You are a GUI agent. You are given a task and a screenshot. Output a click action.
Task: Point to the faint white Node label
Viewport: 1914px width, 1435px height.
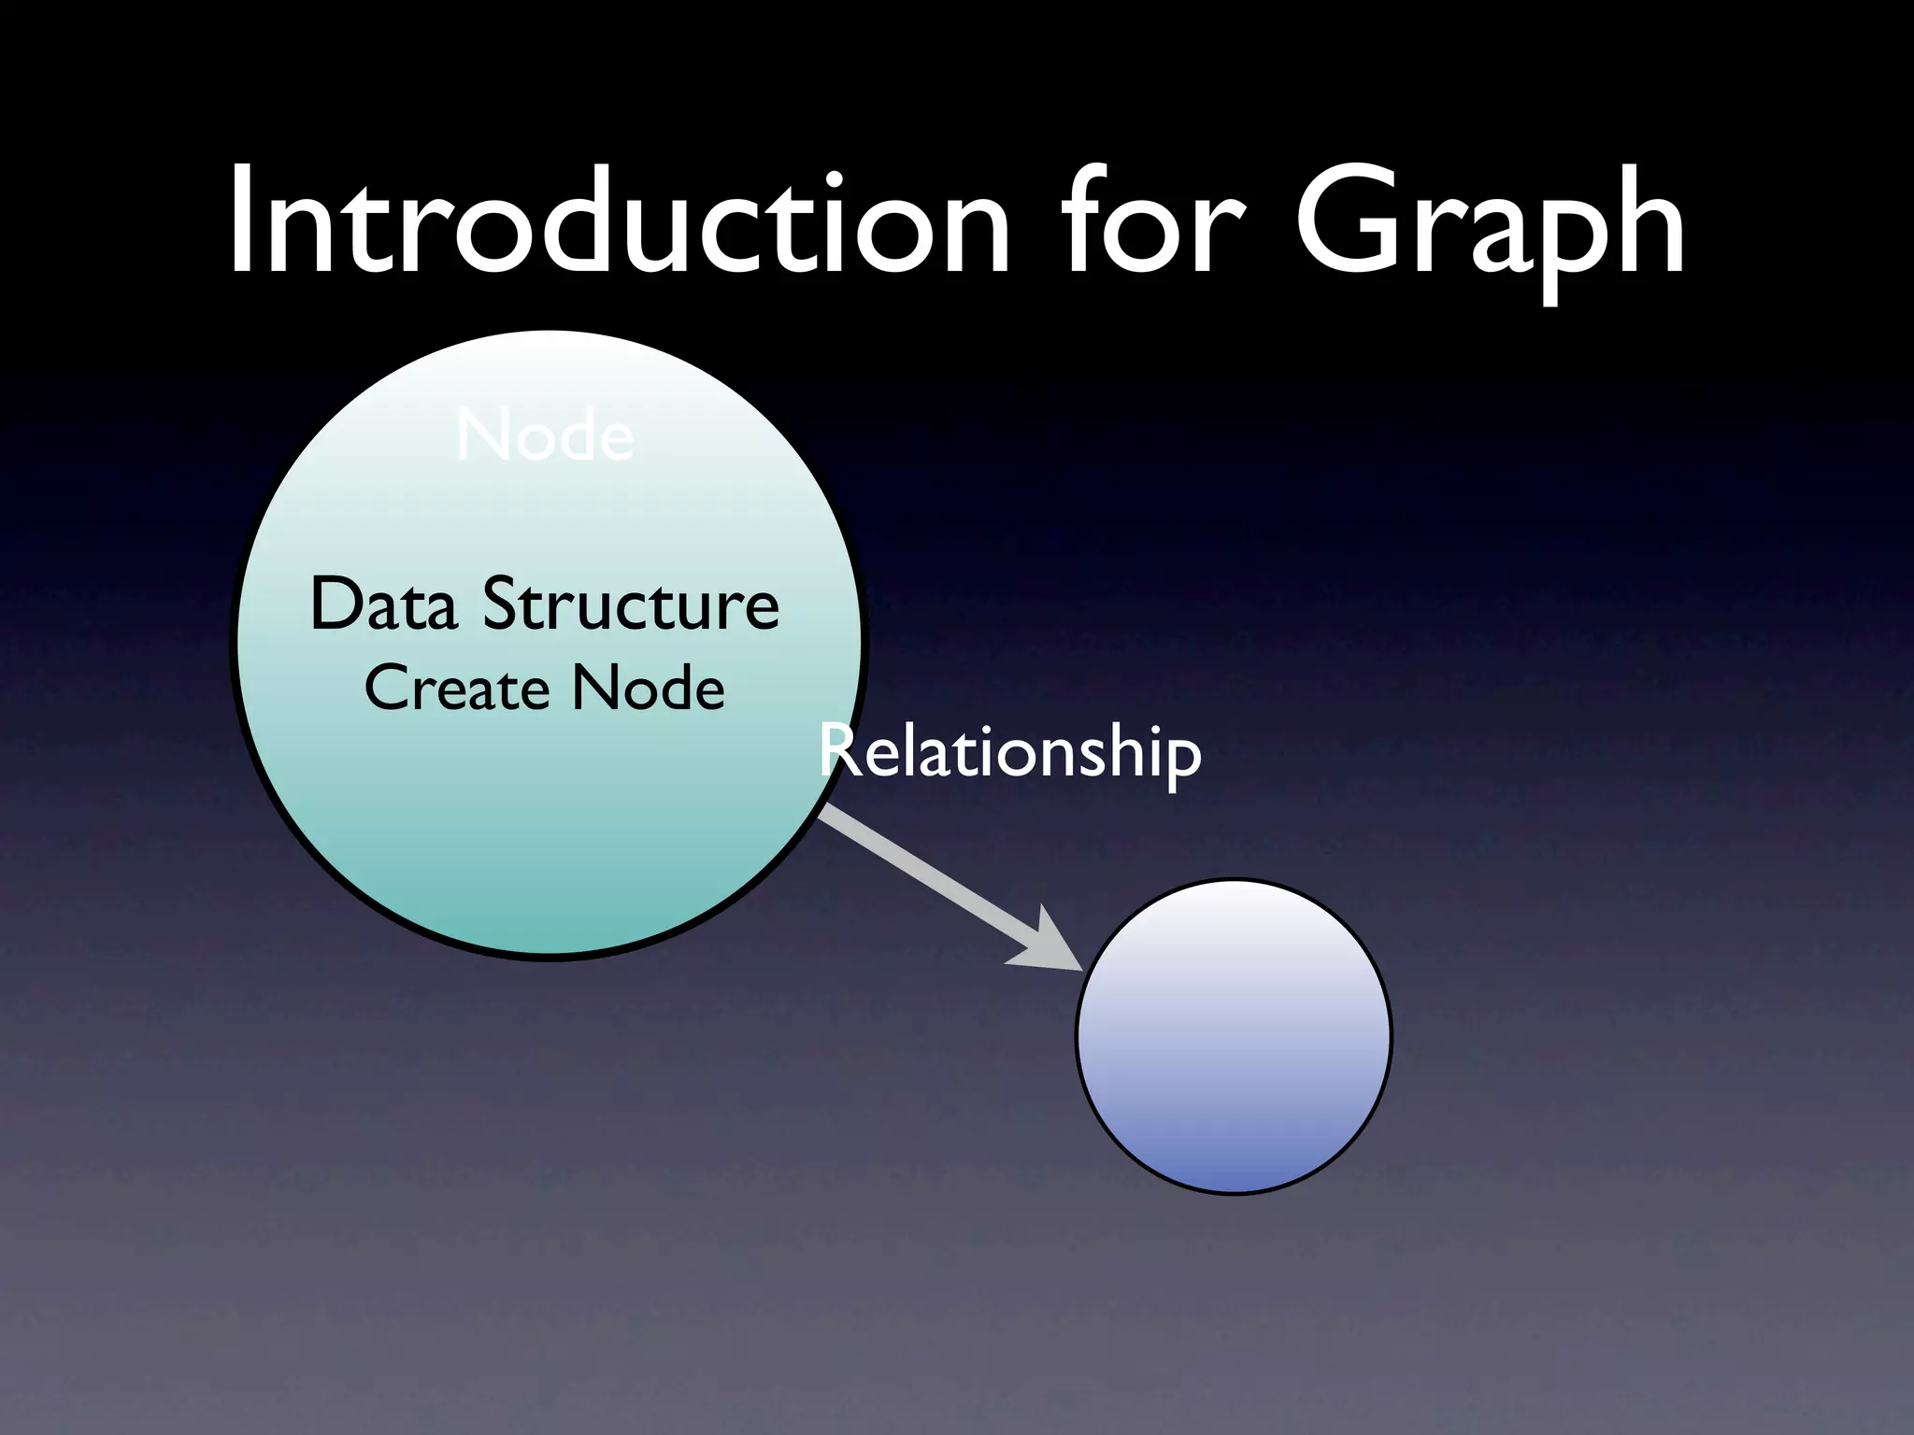[x=546, y=436]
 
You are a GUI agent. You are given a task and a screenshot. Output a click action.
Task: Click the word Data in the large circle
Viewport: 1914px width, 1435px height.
[x=384, y=604]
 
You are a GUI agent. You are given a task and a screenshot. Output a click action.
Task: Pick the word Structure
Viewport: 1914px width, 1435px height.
[x=631, y=604]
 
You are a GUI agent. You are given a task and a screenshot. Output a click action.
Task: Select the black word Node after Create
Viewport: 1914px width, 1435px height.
[x=649, y=689]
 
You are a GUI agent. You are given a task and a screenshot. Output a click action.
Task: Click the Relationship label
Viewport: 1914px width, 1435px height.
[x=1010, y=753]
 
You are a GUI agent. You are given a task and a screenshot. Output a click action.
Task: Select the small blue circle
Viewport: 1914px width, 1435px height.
[x=1234, y=1037]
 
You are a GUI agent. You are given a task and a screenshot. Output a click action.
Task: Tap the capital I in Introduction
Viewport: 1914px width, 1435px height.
[x=240, y=224]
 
